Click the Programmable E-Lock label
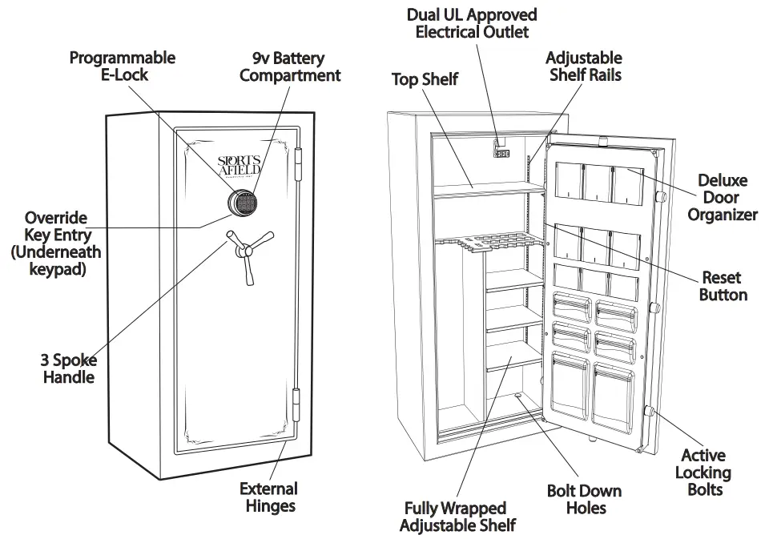pyautogui.click(x=122, y=66)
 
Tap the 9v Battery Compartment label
pyautogui.click(x=290, y=66)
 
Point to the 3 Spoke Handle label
pyautogui.click(x=69, y=368)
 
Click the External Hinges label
pyautogui.click(x=268, y=497)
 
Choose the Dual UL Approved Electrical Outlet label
pyautogui.click(x=472, y=23)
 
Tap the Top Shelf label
pyautogui.click(x=425, y=78)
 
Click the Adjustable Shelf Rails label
pyautogui.click(x=583, y=66)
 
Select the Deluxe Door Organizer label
pyautogui.click(x=722, y=197)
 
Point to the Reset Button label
pyautogui.click(x=723, y=286)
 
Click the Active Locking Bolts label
pyautogui.click(x=703, y=472)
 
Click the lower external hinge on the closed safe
pyautogui.click(x=299, y=407)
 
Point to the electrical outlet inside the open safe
pyautogui.click(x=502, y=150)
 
